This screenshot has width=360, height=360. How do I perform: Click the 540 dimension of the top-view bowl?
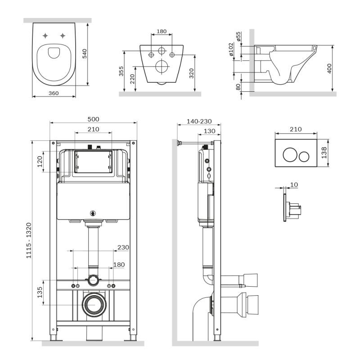84,54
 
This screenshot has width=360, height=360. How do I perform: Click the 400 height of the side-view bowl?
329,68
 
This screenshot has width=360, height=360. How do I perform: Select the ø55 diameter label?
238,36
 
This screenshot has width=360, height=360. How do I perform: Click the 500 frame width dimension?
93,119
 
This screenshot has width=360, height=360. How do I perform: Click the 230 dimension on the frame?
123,247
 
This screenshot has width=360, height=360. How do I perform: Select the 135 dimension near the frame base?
40,292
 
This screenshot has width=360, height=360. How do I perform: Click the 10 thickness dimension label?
294,184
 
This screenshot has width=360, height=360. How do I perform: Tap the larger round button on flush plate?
288,156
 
